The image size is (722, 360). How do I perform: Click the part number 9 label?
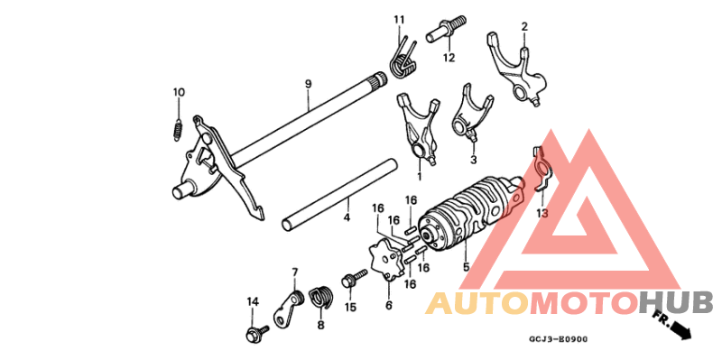[308, 84]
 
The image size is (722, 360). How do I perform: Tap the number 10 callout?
[179, 92]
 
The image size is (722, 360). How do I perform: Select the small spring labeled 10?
[179, 127]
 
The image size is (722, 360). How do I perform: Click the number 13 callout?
[541, 214]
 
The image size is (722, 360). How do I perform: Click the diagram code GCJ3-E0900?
[558, 340]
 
